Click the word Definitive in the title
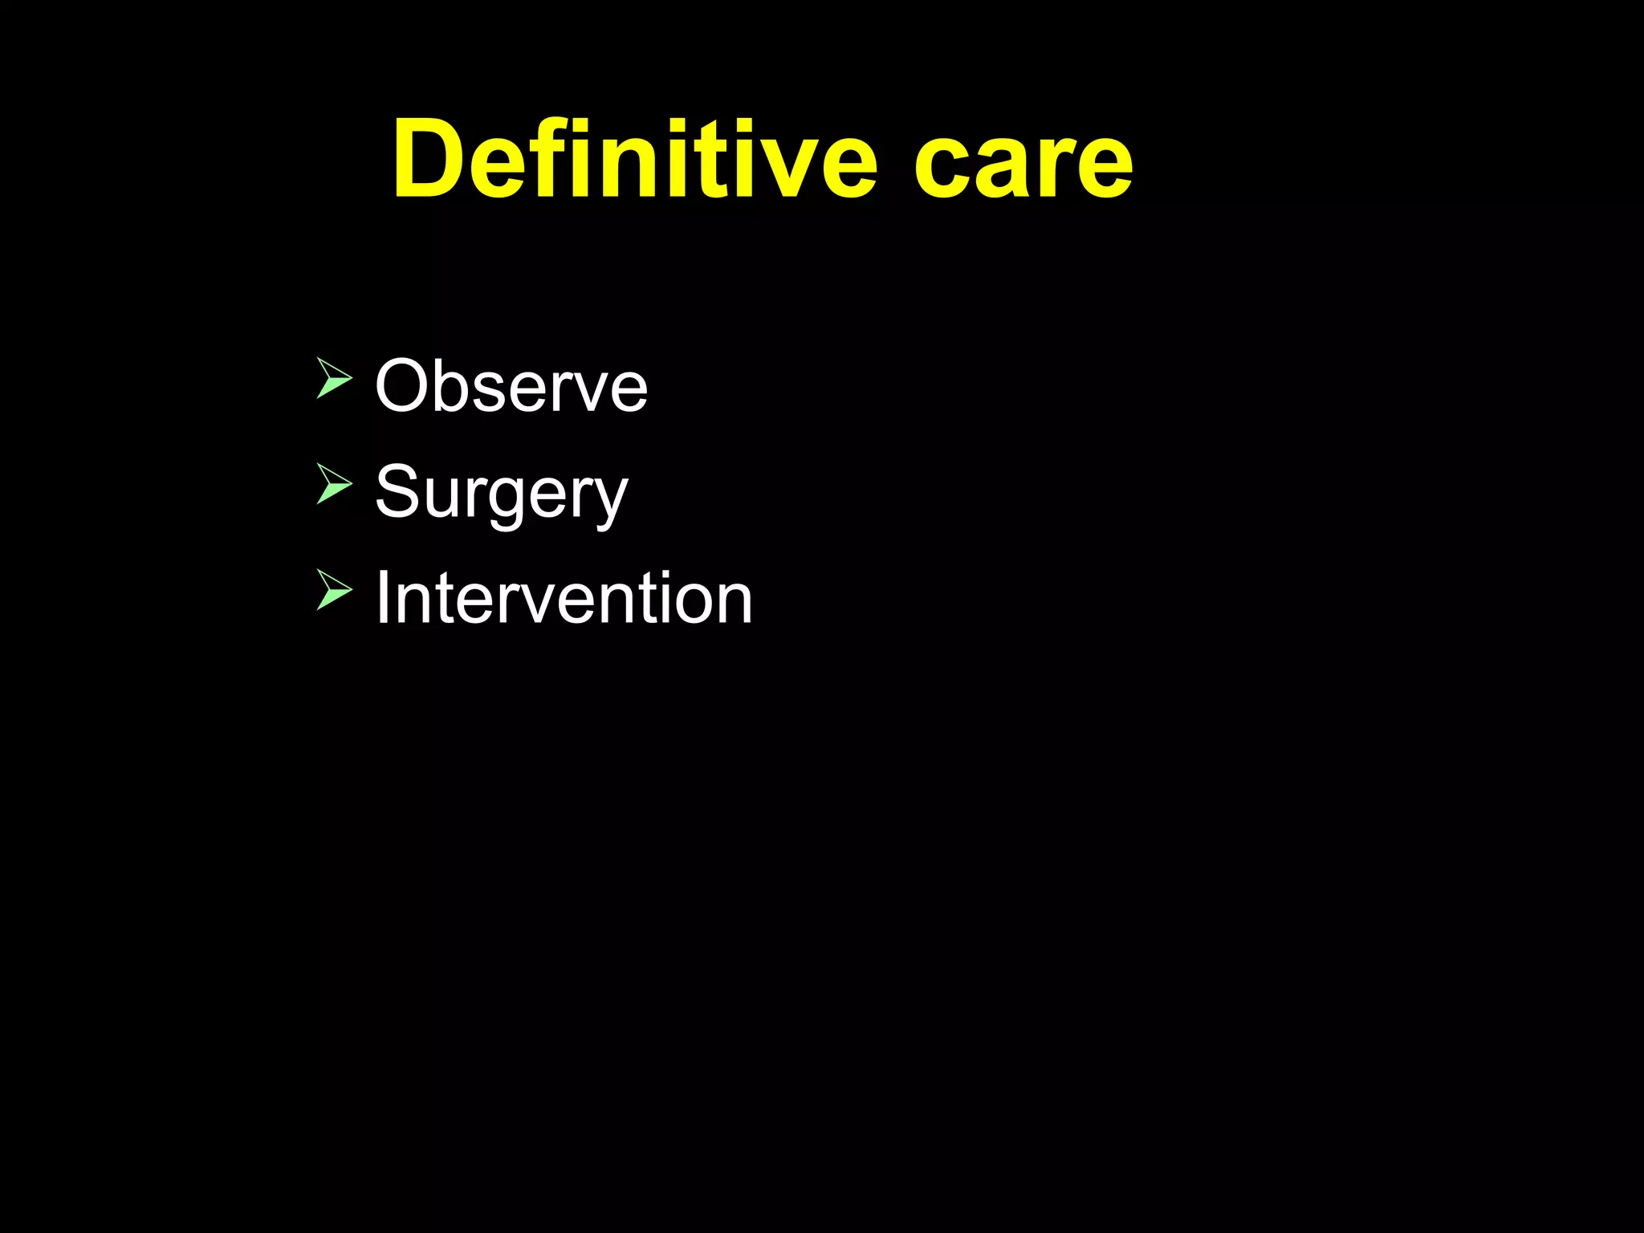click(x=634, y=159)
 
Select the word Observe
click(x=511, y=386)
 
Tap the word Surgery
click(x=501, y=492)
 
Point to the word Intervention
click(x=564, y=598)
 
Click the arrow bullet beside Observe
click(x=333, y=378)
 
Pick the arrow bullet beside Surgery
click(x=333, y=483)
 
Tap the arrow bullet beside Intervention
click(x=333, y=589)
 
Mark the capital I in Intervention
click(x=384, y=597)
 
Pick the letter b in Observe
click(x=455, y=386)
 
